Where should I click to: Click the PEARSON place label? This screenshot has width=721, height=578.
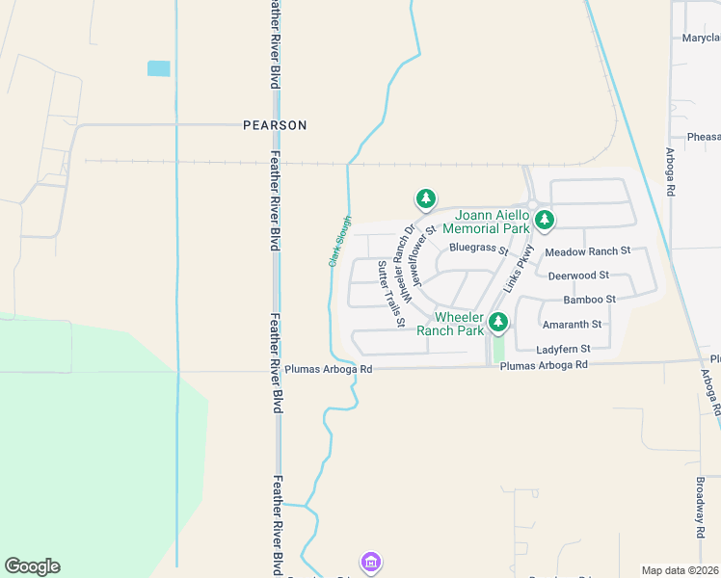click(275, 125)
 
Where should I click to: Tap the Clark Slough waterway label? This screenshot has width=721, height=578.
click(340, 242)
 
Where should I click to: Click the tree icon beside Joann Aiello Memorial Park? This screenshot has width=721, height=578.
click(545, 221)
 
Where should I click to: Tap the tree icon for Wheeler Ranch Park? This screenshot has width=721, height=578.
click(498, 322)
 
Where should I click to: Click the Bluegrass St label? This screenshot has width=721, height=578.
click(478, 248)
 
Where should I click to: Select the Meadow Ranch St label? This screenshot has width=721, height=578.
click(587, 251)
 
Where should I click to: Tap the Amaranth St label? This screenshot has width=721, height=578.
click(572, 325)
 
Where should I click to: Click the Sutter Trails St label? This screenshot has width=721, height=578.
click(390, 293)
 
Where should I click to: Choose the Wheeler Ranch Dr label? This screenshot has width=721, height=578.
click(409, 264)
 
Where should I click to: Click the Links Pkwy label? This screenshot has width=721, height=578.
click(519, 268)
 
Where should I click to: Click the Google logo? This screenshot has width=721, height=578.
click(32, 566)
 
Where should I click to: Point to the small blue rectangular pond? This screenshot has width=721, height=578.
click(158, 68)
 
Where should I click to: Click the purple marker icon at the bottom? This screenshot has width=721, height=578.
click(371, 561)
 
